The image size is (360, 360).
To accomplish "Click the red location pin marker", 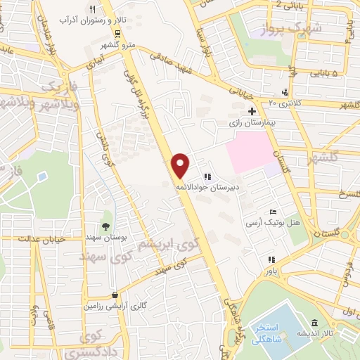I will tap(181, 165).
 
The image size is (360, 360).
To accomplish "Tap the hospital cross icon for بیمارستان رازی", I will tap(252, 111).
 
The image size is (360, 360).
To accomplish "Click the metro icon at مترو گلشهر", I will tap(117, 32).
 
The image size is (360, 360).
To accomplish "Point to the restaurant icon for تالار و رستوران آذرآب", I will tap(92, 9).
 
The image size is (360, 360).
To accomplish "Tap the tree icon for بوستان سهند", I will tap(105, 226).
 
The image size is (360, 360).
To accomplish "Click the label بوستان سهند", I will tap(105, 238).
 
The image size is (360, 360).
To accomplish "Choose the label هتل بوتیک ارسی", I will tap(264, 222).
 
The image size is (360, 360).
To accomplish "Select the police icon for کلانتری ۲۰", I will tap(285, 92).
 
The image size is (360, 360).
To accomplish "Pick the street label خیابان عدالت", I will tap(27, 239).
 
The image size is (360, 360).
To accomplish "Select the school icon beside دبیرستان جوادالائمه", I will tap(207, 176).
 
